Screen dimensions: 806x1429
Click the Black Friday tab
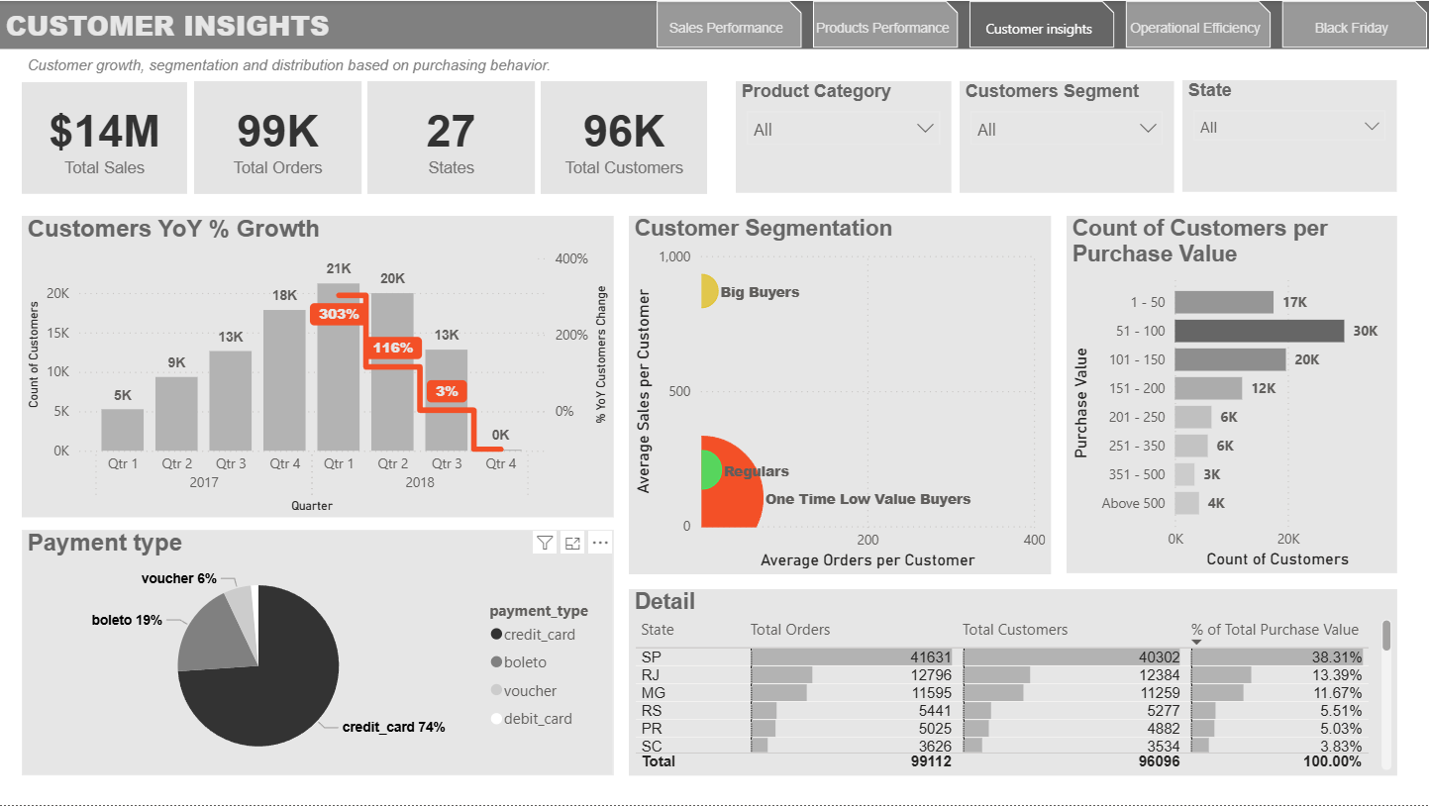click(x=1351, y=28)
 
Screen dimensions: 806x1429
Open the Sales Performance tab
click(x=726, y=28)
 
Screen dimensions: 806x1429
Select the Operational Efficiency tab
click(x=1195, y=28)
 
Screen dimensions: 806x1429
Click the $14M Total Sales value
click(x=104, y=132)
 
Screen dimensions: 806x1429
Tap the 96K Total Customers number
click(x=624, y=132)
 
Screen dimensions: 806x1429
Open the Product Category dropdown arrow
click(x=925, y=129)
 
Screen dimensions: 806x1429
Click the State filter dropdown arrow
click(x=1372, y=127)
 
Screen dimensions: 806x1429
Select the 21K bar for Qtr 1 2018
click(x=338, y=366)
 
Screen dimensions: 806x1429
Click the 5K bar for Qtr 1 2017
click(x=122, y=430)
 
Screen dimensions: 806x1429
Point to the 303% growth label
click(x=338, y=314)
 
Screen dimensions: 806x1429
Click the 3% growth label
click(x=447, y=391)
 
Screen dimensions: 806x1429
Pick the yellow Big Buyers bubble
click(x=708, y=291)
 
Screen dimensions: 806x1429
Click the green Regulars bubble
click(x=710, y=469)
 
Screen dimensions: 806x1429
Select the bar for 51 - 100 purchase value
click(x=1259, y=331)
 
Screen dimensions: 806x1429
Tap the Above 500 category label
click(x=1133, y=503)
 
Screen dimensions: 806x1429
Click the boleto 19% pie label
click(x=127, y=620)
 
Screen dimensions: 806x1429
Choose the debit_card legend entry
click(x=537, y=719)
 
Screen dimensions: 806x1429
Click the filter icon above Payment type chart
click(x=545, y=543)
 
